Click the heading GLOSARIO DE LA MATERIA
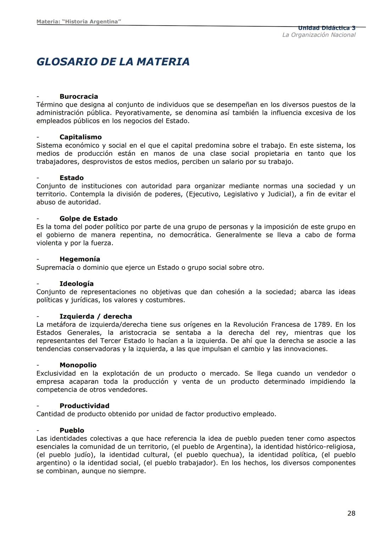point(113,62)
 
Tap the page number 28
point(351,513)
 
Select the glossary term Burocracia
point(79,97)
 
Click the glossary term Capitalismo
point(81,137)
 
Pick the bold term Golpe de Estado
point(88,219)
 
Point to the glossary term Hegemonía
point(80,259)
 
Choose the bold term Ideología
point(77,284)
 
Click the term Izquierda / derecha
point(96,316)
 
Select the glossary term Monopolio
point(78,365)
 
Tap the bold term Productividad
point(84,406)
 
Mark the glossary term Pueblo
point(72,430)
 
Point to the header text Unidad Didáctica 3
point(327,28)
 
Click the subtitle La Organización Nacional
point(319,35)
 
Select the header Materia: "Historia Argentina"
point(79,22)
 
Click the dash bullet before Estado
point(38,178)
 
